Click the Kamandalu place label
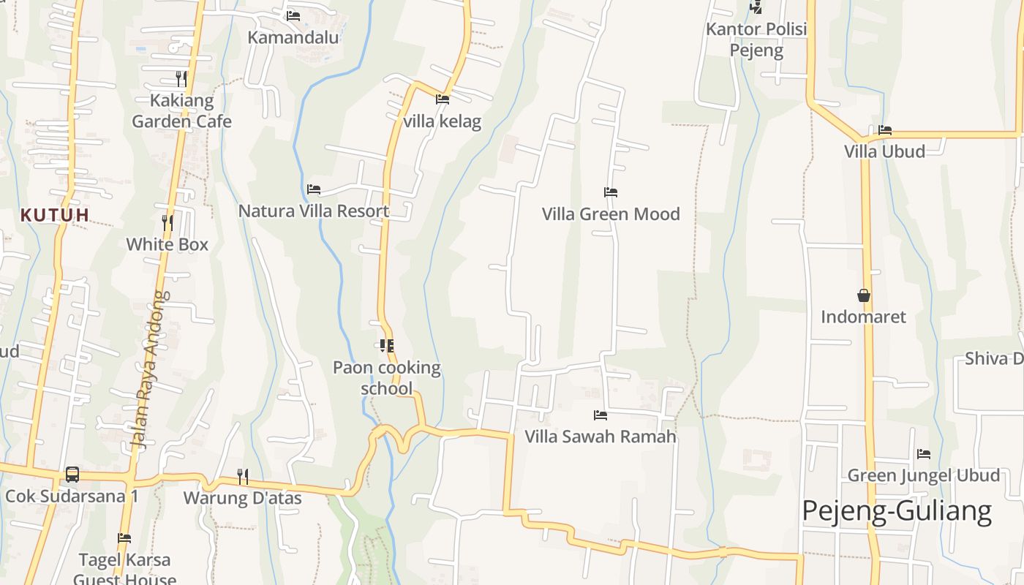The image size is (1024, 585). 293,37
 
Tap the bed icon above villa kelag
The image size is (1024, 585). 443,99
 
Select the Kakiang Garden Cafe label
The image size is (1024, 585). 181,111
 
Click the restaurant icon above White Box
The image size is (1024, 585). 167,222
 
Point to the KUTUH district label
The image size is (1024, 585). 55,215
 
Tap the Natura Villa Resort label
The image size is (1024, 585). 314,211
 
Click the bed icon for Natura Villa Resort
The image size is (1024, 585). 314,189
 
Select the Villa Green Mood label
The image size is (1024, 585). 611,214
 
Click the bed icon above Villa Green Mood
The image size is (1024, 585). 611,192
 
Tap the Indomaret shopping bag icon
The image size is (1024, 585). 864,295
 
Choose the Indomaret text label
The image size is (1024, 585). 863,317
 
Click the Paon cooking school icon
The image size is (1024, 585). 387,345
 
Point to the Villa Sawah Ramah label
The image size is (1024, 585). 601,437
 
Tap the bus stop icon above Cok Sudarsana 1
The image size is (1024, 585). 72,475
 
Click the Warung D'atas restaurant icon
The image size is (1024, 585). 243,477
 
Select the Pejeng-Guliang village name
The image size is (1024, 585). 897,510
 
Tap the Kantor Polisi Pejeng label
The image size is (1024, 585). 756,39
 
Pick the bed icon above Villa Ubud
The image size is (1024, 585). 885,130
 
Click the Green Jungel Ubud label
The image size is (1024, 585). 923,476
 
